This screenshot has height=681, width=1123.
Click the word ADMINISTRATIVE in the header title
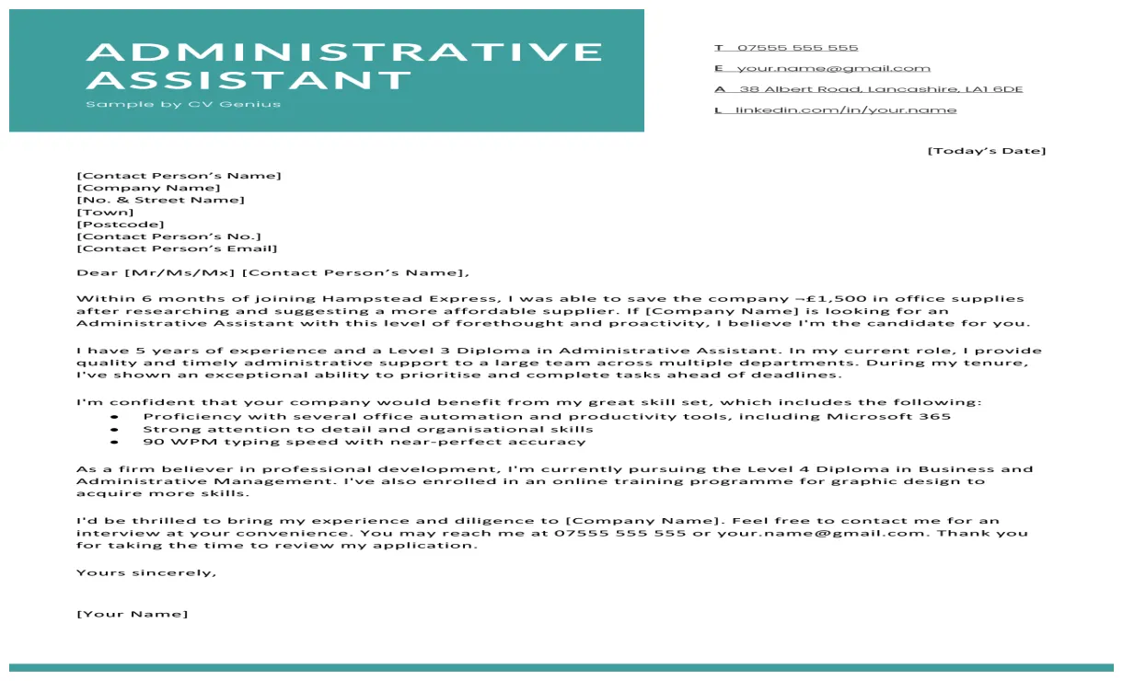344,52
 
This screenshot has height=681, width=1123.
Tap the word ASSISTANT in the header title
249,80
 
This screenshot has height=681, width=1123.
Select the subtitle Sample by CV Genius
183,104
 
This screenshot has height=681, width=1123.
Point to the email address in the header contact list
833,68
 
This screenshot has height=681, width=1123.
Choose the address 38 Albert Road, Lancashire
881,89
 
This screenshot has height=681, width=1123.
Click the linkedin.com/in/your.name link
846,110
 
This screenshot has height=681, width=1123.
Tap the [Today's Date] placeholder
986,151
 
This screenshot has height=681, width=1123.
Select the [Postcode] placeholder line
121,225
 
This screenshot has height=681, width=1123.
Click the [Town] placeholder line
105,213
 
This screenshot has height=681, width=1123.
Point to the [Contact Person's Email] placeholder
177,248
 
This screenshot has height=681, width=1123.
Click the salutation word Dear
97,272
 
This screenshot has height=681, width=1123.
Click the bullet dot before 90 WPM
114,442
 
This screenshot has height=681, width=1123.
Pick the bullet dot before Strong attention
114,430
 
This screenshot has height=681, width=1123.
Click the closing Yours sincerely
146,572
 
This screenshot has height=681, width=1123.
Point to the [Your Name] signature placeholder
132,614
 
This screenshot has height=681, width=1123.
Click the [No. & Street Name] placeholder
160,200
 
